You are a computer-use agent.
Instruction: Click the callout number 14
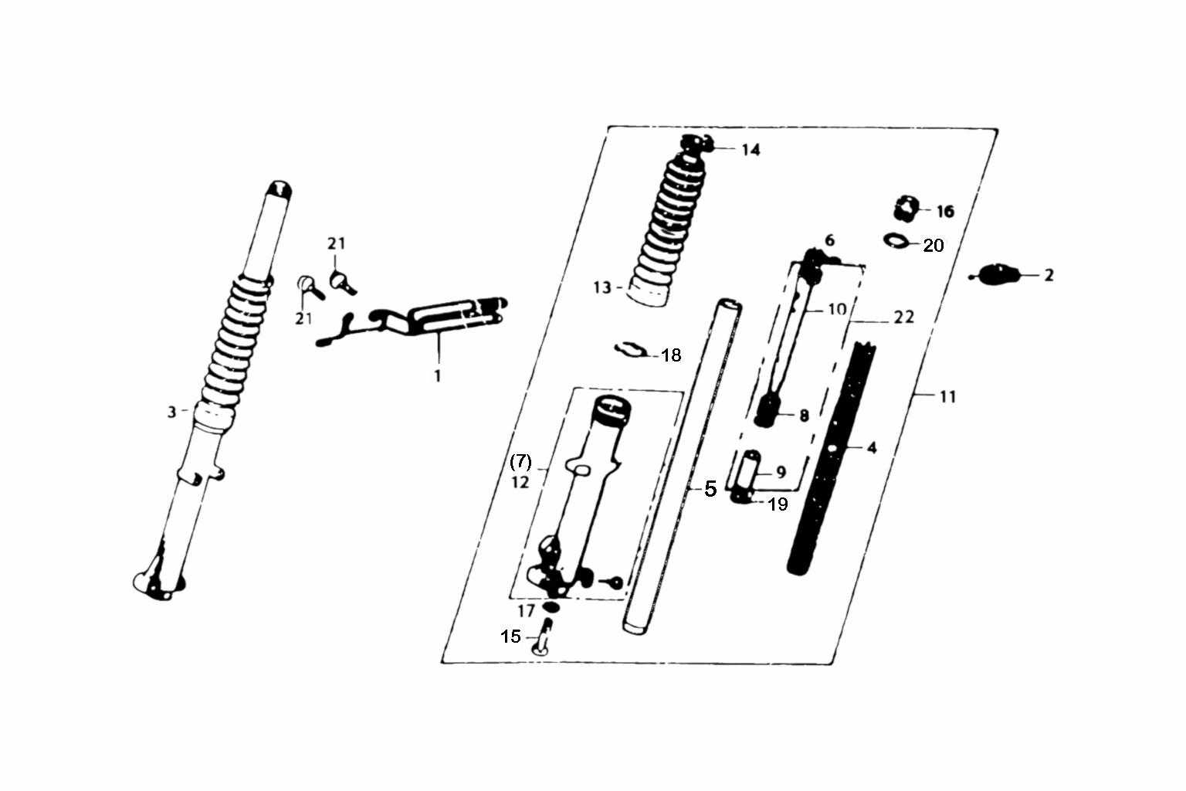751,150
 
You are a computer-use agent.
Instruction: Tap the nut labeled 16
906,209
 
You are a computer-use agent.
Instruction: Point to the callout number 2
1049,275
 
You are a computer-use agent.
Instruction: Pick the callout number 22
904,317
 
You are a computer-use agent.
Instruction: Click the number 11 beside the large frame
947,396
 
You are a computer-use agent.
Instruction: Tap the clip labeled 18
630,350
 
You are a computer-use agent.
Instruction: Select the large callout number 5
710,488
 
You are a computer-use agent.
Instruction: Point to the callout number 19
778,504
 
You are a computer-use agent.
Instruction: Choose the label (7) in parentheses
520,462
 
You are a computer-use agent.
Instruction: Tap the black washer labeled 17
551,607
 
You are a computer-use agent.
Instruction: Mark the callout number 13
602,287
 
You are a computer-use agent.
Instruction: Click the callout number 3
171,412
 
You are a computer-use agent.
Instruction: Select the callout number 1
437,376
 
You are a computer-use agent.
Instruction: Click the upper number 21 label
336,243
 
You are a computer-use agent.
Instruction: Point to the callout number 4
872,448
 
